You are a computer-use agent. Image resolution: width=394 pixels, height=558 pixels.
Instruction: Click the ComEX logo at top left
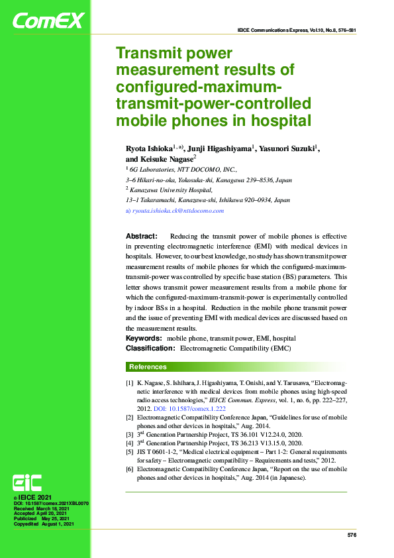click(x=48, y=21)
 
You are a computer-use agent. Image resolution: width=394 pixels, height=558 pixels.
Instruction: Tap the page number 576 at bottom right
click(x=352, y=534)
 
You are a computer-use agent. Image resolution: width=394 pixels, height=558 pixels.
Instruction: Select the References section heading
click(x=148, y=367)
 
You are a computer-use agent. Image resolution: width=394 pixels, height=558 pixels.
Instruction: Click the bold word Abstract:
click(x=141, y=236)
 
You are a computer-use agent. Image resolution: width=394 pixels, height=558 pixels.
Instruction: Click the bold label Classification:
click(x=150, y=348)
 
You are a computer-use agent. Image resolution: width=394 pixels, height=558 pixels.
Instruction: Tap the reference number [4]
click(x=129, y=442)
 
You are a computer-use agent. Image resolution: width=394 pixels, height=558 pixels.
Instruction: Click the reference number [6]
click(x=129, y=469)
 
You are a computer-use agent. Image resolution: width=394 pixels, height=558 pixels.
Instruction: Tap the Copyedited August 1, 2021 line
click(x=44, y=524)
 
